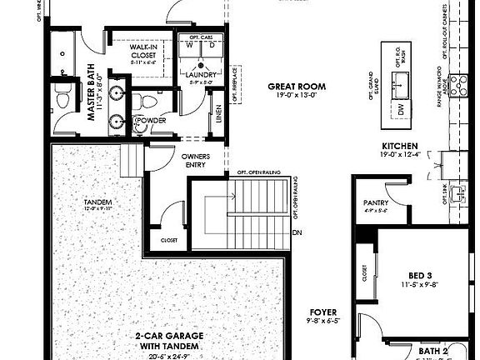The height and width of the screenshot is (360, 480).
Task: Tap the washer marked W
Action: coord(189,46)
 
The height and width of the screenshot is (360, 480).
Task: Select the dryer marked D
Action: coord(211,46)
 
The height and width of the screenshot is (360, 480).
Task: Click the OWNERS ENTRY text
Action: coord(189,160)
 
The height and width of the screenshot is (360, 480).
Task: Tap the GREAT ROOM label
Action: coord(297,86)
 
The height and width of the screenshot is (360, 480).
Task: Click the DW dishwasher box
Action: coord(402,108)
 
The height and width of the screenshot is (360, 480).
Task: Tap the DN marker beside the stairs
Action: coord(297,232)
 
